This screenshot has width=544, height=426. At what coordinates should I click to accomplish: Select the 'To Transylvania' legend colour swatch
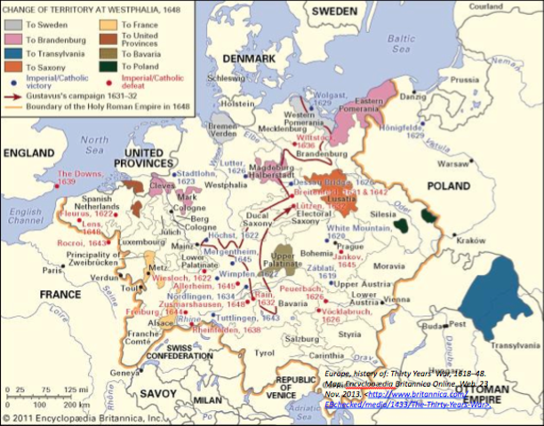click(x=12, y=53)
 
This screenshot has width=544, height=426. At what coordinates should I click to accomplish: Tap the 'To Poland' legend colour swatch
click(x=108, y=67)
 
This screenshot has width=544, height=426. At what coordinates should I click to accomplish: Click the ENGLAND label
click(x=28, y=154)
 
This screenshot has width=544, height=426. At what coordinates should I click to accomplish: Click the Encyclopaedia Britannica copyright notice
click(x=84, y=417)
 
